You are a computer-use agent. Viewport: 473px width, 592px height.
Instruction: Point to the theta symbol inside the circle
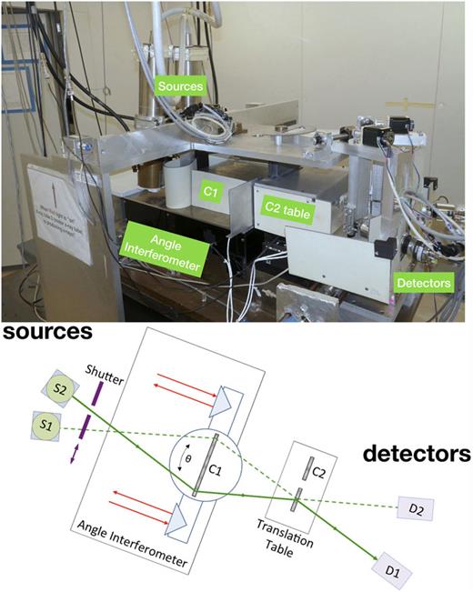click(x=189, y=461)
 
